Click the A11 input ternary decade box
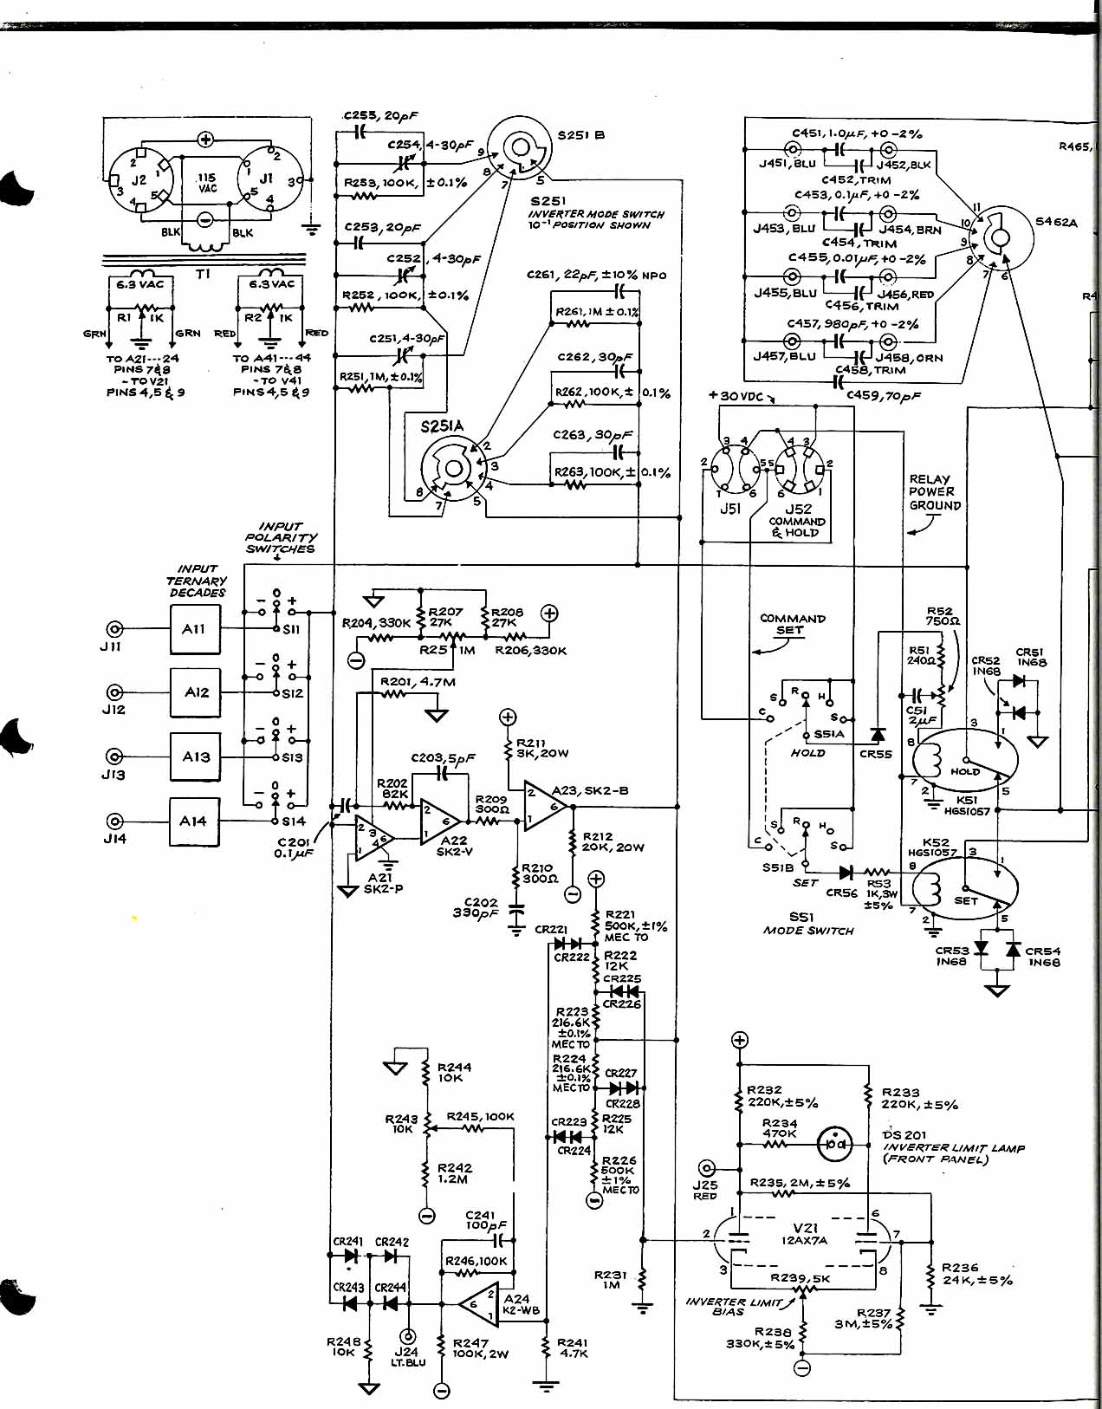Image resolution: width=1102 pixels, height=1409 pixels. [194, 629]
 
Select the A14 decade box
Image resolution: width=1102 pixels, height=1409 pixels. [194, 821]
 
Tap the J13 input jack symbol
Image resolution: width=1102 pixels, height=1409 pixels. [113, 756]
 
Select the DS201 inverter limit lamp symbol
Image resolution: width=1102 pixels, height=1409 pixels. [835, 1144]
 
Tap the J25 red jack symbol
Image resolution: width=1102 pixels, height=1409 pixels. [709, 1167]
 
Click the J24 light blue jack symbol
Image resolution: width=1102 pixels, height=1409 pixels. [405, 1337]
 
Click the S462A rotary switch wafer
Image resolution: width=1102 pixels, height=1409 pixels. [1000, 231]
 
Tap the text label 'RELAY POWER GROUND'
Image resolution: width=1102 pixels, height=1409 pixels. [935, 492]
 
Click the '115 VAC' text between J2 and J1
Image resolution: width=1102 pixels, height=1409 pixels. [208, 182]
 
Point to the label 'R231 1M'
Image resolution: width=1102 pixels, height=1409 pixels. [611, 1279]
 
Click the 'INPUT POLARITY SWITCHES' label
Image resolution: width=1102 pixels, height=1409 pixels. [280, 537]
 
